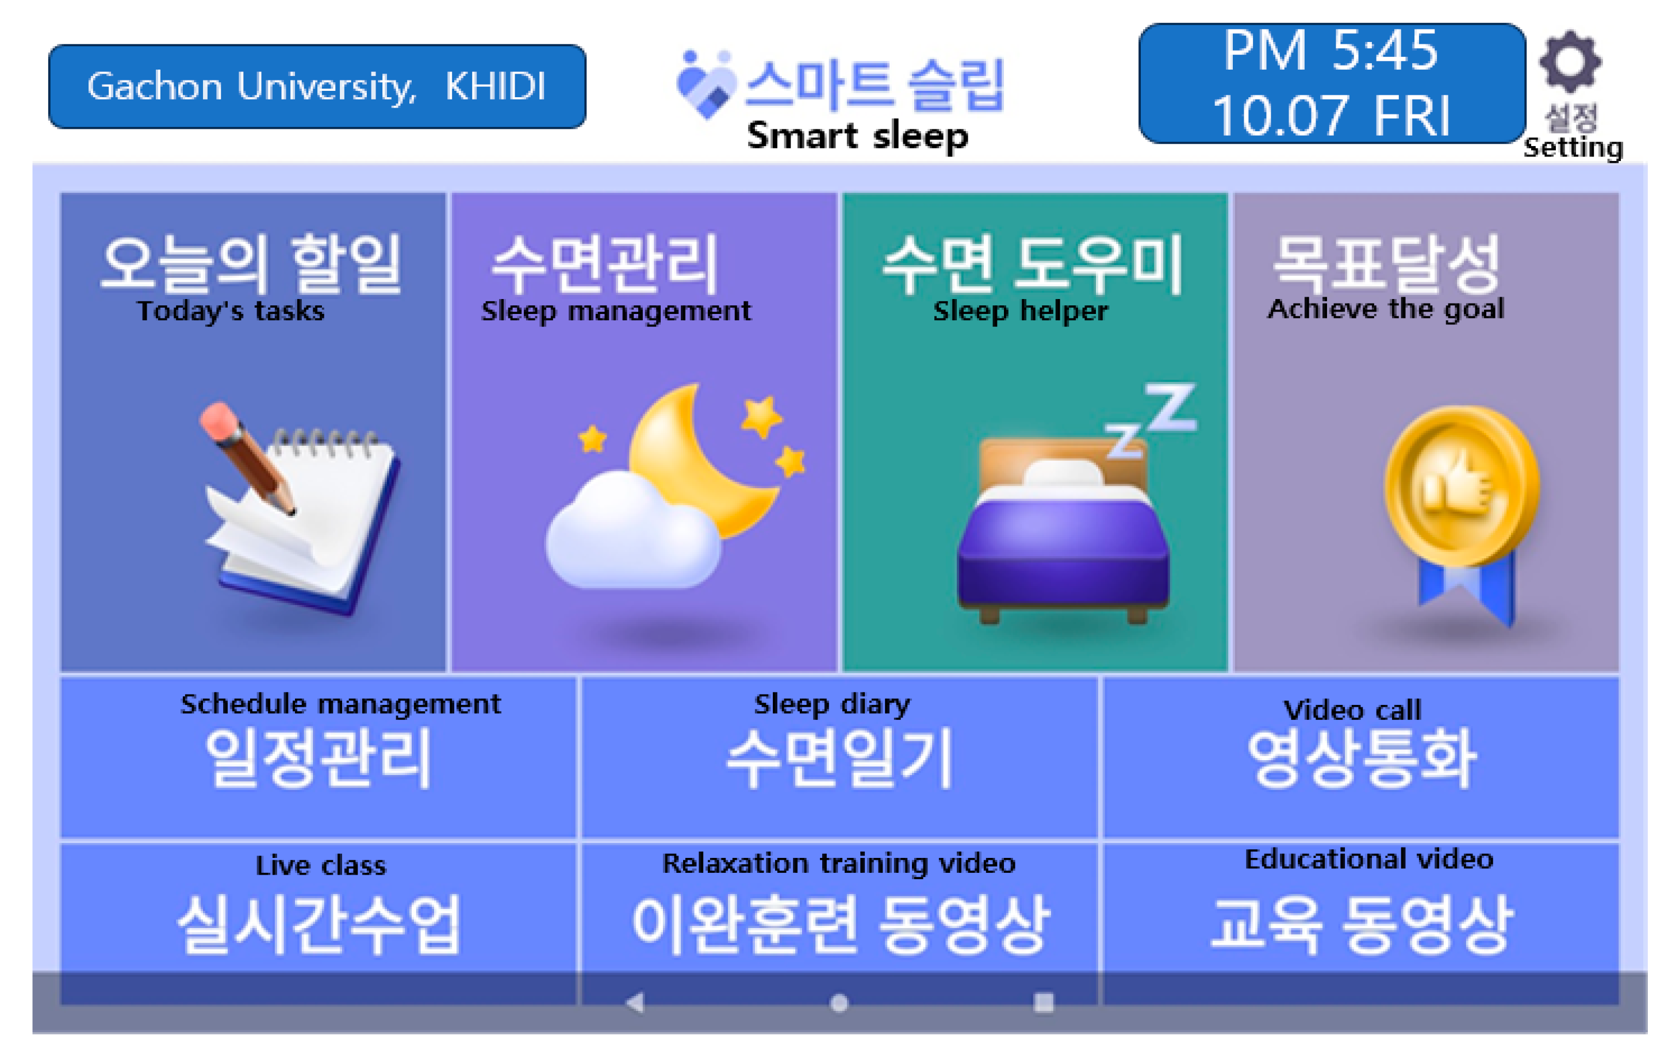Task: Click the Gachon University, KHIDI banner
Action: pyautogui.click(x=317, y=86)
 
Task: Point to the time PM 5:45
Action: pyautogui.click(x=1331, y=51)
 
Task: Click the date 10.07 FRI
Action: pyautogui.click(x=1331, y=116)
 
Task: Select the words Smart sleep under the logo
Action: pyautogui.click(x=857, y=136)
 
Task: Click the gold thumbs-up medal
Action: pyautogui.click(x=1462, y=487)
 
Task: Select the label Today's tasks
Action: pyautogui.click(x=231, y=311)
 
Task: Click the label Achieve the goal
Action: pyautogui.click(x=1386, y=309)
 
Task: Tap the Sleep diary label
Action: pyautogui.click(x=832, y=704)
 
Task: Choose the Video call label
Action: pyautogui.click(x=1352, y=710)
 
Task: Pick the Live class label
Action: pyautogui.click(x=321, y=865)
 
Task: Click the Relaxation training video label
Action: pyautogui.click(x=839, y=863)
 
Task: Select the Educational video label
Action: pyautogui.click(x=1369, y=859)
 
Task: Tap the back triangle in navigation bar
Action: pyautogui.click(x=635, y=1002)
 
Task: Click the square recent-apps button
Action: pyautogui.click(x=1044, y=1002)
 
